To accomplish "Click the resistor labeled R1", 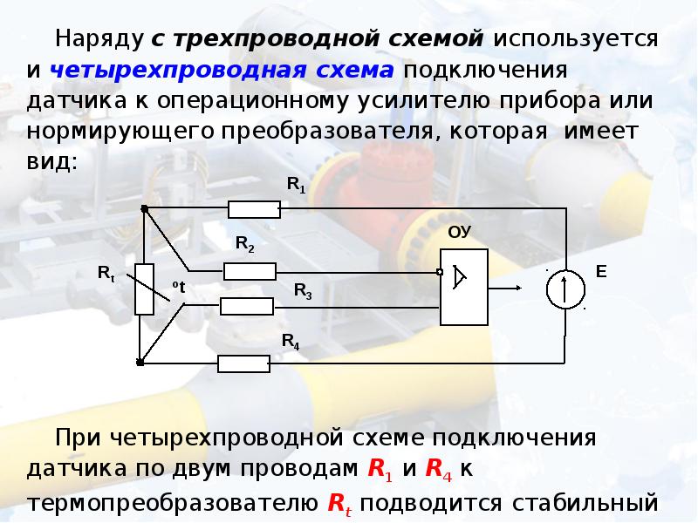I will [x=254, y=209].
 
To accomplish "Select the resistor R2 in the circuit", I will [x=250, y=272].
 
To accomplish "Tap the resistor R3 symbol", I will [x=247, y=306].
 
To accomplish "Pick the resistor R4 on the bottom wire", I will [x=243, y=363].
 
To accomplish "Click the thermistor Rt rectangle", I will [x=145, y=288].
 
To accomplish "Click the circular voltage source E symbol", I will [x=565, y=289].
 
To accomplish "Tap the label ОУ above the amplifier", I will [x=459, y=233].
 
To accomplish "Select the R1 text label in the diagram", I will [x=297, y=185].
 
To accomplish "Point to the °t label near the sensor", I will [x=179, y=286].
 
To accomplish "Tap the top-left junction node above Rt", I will [x=144, y=208].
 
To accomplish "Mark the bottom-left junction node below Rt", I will [x=141, y=361].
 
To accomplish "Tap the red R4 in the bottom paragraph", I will [x=436, y=470].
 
